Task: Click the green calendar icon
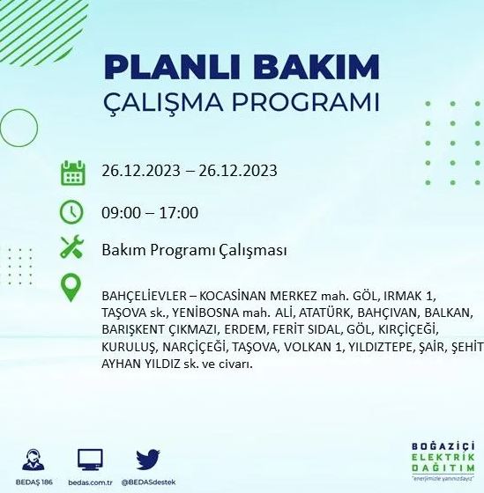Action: pos(72,172)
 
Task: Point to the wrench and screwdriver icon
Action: pos(72,249)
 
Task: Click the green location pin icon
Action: pos(72,289)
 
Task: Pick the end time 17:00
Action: pos(179,212)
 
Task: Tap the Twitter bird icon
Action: pos(147,459)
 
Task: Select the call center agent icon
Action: pos(35,459)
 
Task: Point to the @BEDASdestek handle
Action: pos(147,482)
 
